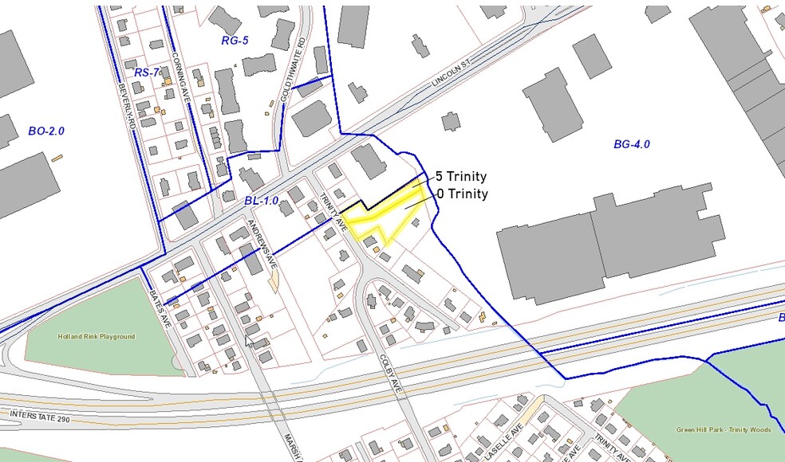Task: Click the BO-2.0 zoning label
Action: pos(45,131)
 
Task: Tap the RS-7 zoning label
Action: pos(147,72)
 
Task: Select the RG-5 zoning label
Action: pos(235,40)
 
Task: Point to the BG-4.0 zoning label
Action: pos(632,144)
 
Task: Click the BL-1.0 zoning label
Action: pos(261,202)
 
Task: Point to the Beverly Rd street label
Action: pos(124,106)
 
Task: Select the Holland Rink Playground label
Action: pos(96,337)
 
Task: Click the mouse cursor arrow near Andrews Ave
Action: pos(249,341)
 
